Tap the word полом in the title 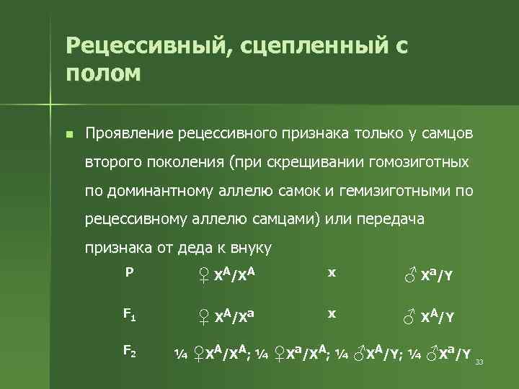pyautogui.click(x=102, y=73)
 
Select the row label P pyautogui.click(x=128, y=273)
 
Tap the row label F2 pyautogui.click(x=130, y=352)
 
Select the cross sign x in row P pyautogui.click(x=332, y=273)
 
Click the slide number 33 pyautogui.click(x=479, y=362)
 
